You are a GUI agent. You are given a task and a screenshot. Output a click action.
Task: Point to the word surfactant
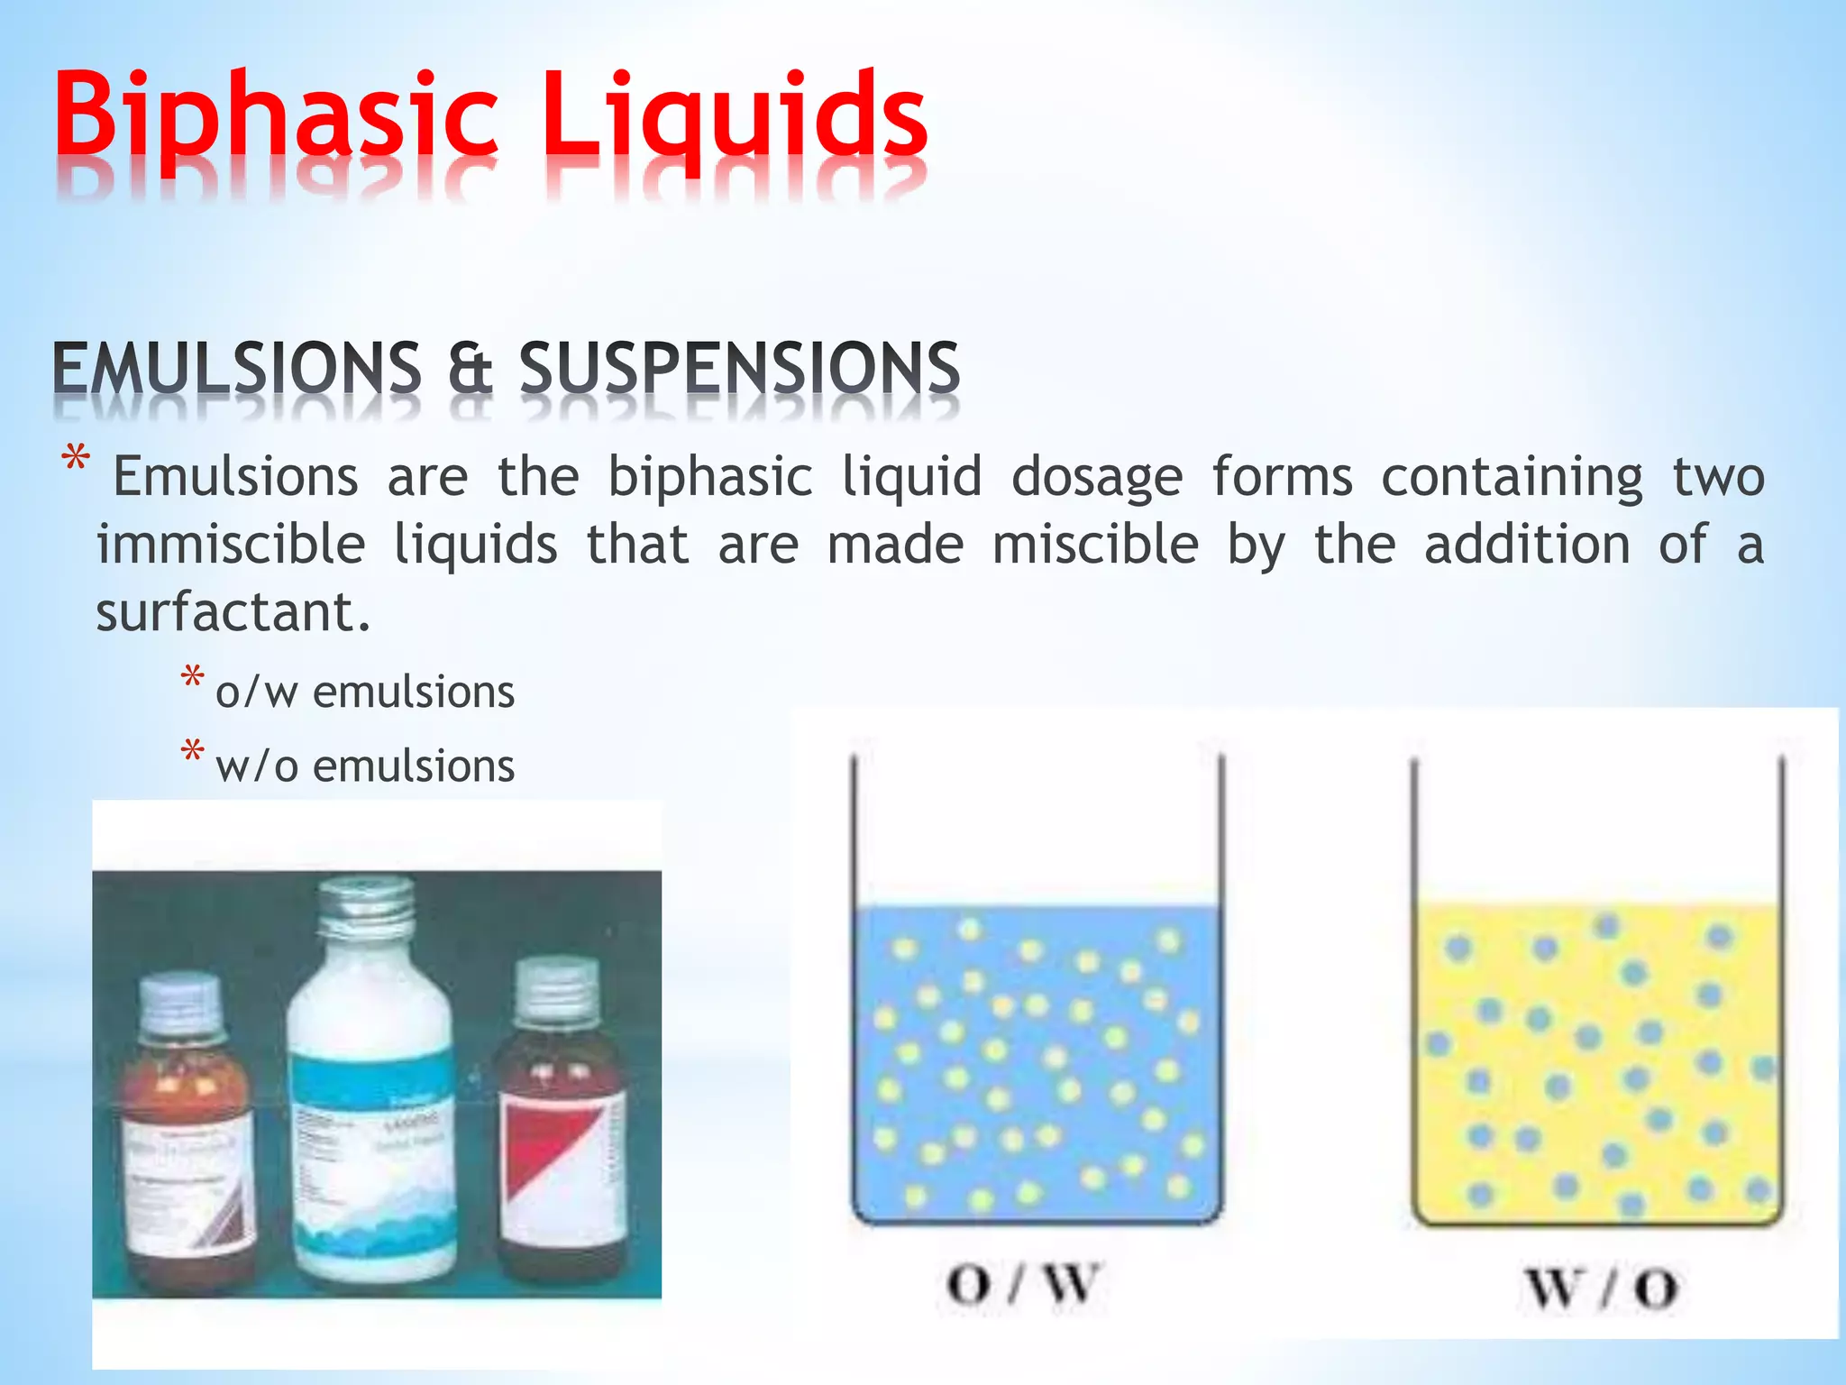pos(233,613)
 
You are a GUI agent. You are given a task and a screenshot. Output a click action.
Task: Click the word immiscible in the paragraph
pos(231,546)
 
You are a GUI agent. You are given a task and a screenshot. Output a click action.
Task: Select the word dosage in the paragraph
pos(1096,478)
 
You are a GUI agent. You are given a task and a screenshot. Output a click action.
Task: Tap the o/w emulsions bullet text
pos(365,692)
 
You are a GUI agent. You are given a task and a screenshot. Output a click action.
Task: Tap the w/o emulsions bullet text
pos(365,766)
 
